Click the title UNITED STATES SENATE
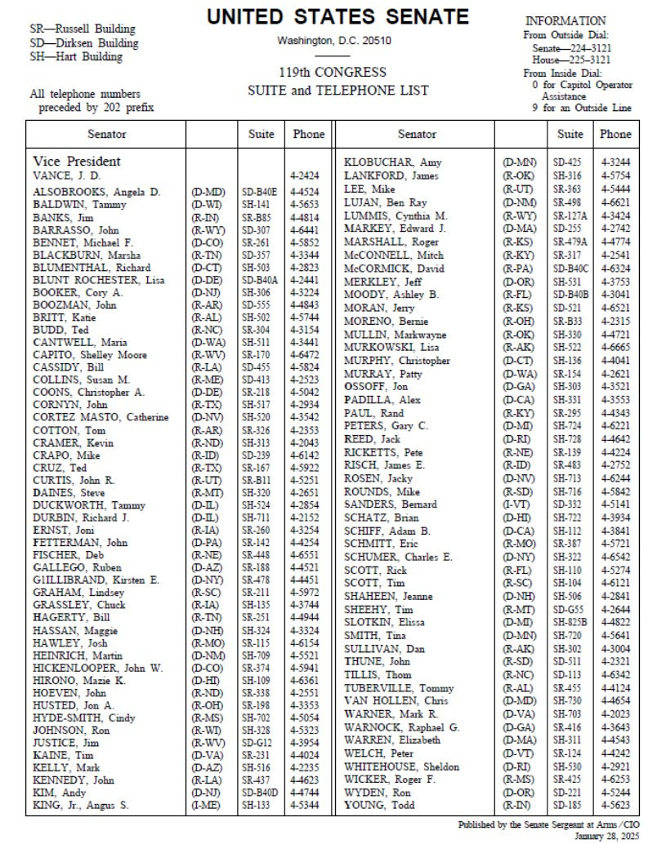337,17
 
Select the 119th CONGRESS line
337,73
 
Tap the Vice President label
77,162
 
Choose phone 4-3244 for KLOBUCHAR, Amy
615,162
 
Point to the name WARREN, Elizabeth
392,740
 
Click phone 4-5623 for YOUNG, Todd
615,805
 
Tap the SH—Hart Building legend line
75,57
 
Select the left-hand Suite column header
261,134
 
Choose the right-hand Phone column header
615,134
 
